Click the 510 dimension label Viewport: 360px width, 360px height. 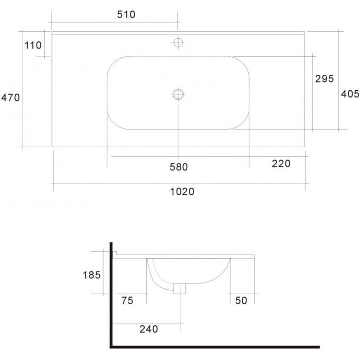coord(126,14)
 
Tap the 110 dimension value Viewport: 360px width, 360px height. coord(33,45)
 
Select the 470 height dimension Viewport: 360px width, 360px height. coord(10,98)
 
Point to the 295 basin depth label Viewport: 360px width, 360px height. coord(324,79)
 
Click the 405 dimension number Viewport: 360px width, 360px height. coord(350,94)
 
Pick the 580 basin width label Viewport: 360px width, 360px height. coord(179,167)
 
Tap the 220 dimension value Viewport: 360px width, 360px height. coord(281,164)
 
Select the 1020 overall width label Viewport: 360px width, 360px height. coord(182,192)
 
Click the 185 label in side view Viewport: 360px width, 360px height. coord(92,275)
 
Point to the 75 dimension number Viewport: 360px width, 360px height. coord(127,301)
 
